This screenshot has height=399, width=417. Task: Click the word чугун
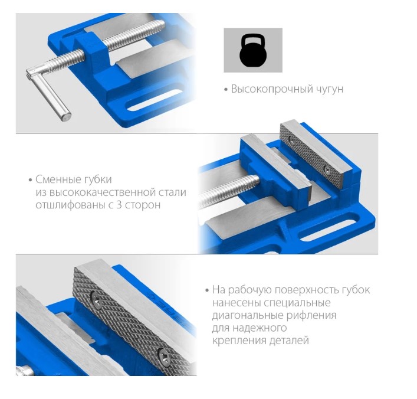coord(330,89)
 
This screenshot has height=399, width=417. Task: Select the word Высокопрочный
coord(272,89)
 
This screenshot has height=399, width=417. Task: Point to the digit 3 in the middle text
coord(119,205)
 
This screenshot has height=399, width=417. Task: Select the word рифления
coord(311,315)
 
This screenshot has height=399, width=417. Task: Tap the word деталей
coord(289,341)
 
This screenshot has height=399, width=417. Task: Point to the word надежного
coord(261,328)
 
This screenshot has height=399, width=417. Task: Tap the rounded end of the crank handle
coord(66,116)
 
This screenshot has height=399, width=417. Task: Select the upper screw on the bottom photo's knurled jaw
coord(97,300)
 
